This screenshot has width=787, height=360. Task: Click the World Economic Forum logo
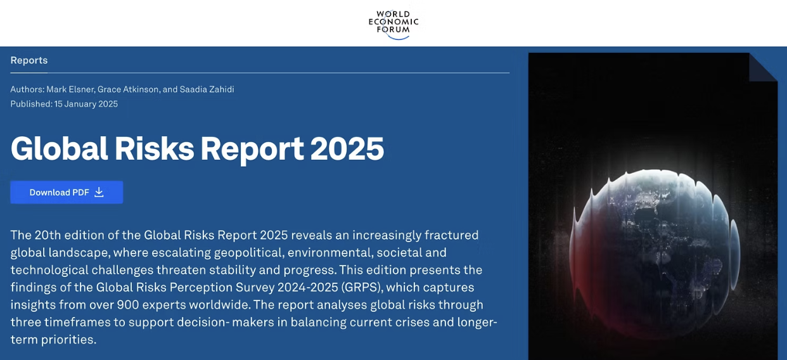(393, 23)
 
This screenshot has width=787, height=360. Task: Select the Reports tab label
(29, 60)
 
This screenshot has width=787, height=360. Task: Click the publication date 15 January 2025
(86, 104)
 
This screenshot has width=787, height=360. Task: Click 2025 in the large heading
(347, 148)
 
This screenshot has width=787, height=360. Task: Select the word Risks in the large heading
(155, 148)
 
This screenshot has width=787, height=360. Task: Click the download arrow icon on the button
(99, 192)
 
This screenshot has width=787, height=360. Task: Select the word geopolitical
(248, 252)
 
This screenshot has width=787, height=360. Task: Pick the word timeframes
(88, 322)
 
